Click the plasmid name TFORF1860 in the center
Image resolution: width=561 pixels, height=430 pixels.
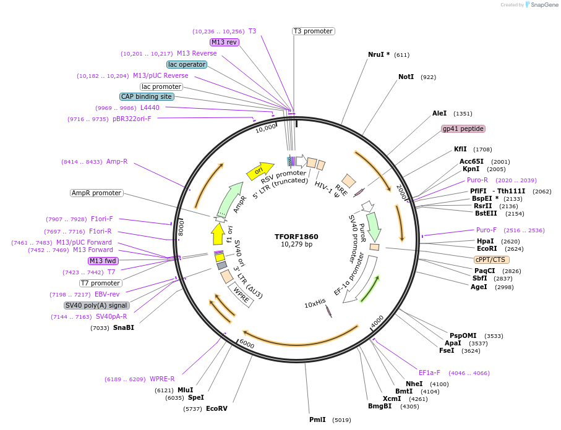pyautogui.click(x=297, y=236)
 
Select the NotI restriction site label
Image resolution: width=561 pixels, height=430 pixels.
pyautogui.click(x=406, y=77)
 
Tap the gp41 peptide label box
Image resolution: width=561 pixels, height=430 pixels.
pyautogui.click(x=463, y=129)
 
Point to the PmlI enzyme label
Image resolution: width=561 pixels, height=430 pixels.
pyautogui.click(x=317, y=419)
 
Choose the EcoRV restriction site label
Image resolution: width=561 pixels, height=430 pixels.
pyautogui.click(x=216, y=408)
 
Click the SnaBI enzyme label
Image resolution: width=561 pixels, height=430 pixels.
pyautogui.click(x=123, y=327)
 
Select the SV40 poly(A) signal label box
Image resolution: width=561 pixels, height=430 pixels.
pyautogui.click(x=96, y=305)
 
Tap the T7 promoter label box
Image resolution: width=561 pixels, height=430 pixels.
pyautogui.click(x=101, y=283)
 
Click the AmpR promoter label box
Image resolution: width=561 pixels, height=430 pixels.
pyautogui.click(x=96, y=193)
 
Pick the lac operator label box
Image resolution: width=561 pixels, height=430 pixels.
pyautogui.click(x=187, y=64)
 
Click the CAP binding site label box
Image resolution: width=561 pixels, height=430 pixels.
pyautogui.click(x=147, y=96)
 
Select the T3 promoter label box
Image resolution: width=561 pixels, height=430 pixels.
pyautogui.click(x=313, y=31)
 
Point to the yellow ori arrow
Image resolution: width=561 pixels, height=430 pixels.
pyautogui.click(x=260, y=171)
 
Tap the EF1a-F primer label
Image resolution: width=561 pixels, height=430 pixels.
pyautogui.click(x=429, y=373)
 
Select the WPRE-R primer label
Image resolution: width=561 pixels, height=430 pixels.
pyautogui.click(x=162, y=379)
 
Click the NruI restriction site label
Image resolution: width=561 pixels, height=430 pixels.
pyautogui.click(x=379, y=54)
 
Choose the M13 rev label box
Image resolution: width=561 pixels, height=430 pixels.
pyautogui.click(x=224, y=42)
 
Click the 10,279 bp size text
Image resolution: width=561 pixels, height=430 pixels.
pyautogui.click(x=297, y=245)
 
